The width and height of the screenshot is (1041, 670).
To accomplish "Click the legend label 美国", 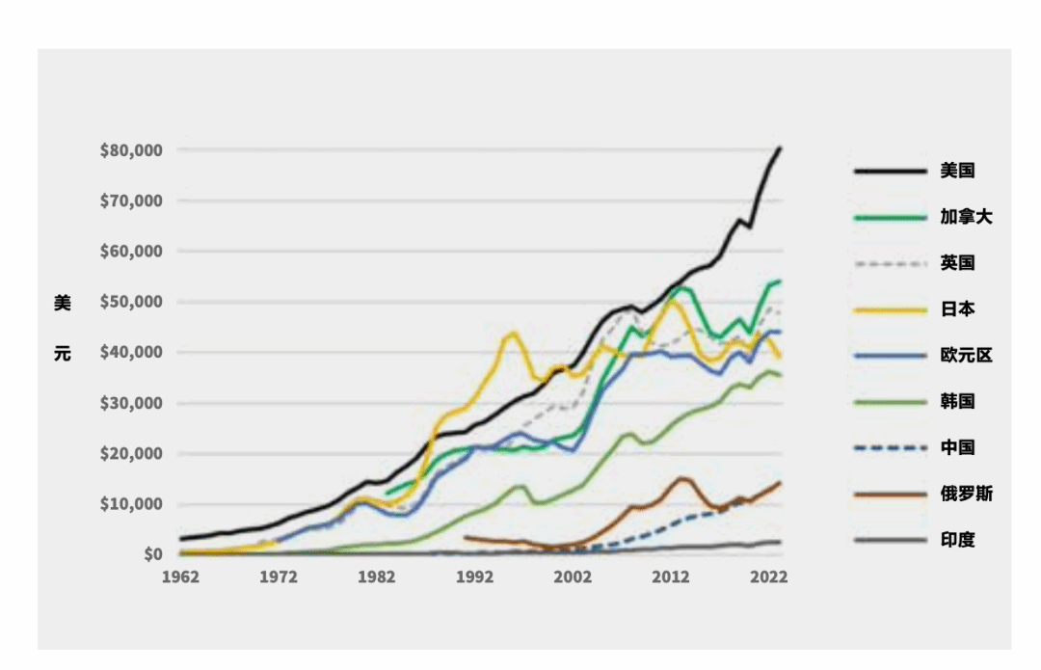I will pos(958,171).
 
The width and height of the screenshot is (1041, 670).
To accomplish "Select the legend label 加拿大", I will pos(966,217).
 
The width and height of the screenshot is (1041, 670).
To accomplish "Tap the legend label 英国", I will pos(958,263).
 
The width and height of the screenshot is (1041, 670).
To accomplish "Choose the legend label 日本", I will pos(958,309).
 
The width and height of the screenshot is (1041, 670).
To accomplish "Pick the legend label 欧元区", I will pos(966,356).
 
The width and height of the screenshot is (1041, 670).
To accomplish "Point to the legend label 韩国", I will pos(958,401).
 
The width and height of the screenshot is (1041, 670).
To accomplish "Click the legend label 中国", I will pos(958,447).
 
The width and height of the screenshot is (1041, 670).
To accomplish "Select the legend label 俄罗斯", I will pos(966,494).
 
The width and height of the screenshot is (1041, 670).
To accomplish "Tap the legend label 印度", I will pos(958,540).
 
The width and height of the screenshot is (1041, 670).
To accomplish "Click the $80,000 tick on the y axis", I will pos(131,150).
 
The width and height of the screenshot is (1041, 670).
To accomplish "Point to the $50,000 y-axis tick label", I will pos(131,302).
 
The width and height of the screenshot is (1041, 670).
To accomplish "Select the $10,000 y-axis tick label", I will pos(131,504).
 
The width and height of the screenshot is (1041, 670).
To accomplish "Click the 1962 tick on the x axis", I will pos(180,576).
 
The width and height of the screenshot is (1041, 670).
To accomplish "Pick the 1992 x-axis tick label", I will pos(474,576).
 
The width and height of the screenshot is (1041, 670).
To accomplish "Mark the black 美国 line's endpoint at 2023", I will pos(780,147).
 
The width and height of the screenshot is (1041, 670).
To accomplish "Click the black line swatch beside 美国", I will pos(886,171).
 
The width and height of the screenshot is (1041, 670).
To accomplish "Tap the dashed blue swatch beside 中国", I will pos(886,447).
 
